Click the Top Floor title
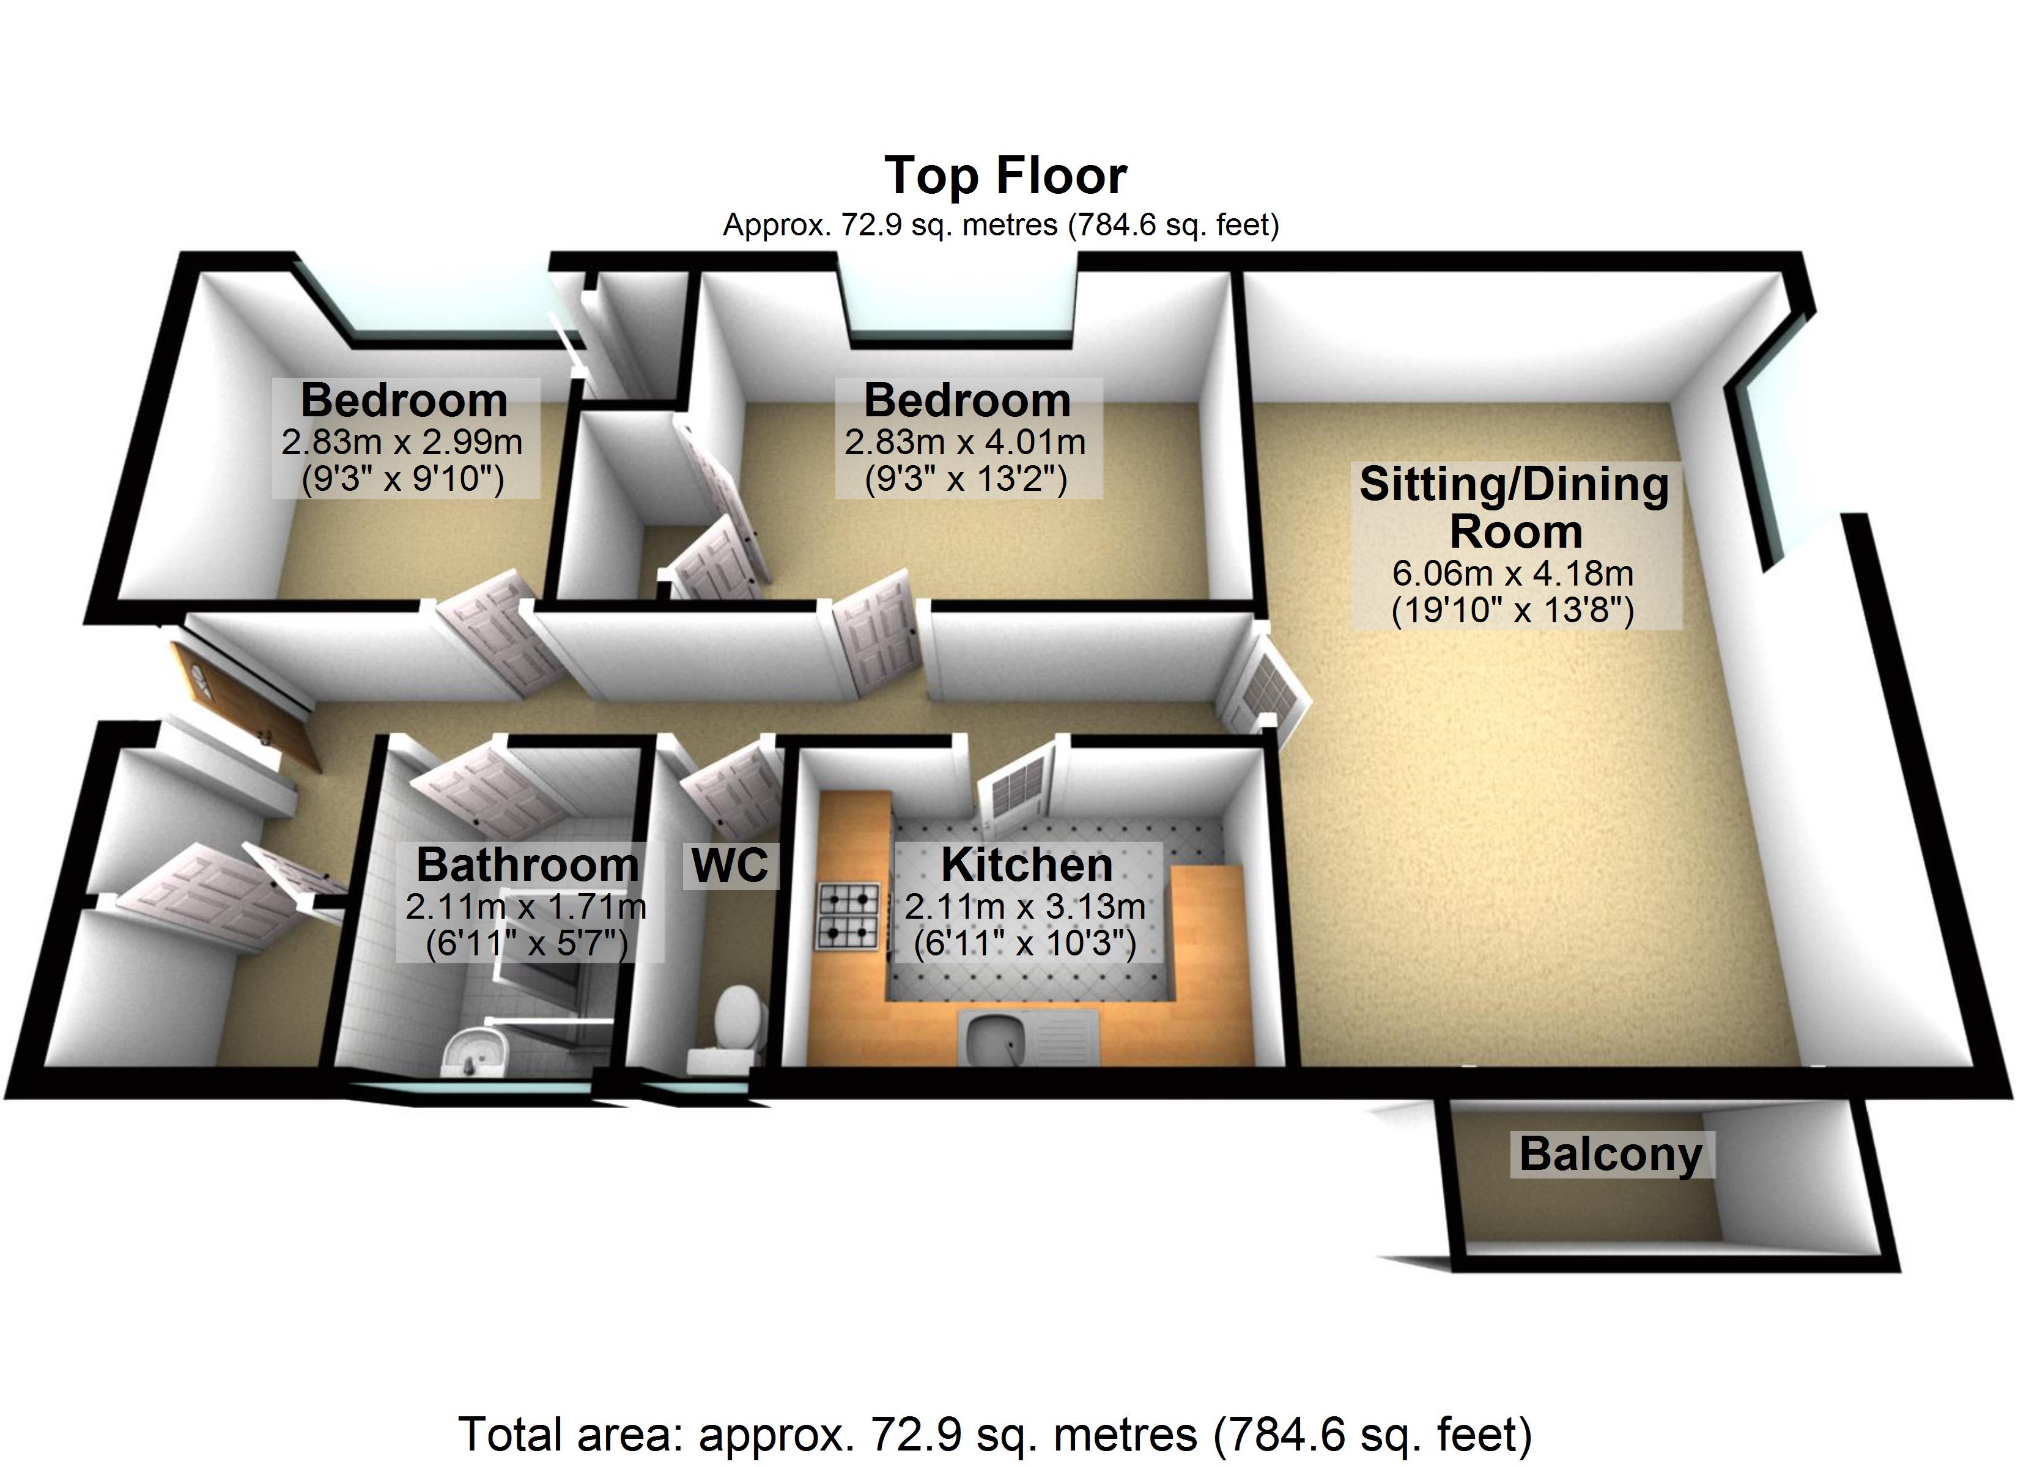pos(1005,176)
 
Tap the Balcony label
pos(1611,1154)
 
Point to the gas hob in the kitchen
pos(848,916)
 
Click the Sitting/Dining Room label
pos(1514,508)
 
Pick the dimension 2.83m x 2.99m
pos(402,442)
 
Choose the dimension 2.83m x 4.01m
pos(966,442)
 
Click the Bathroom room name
pos(527,865)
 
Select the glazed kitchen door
pos(1016,784)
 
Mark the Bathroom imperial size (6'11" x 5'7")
pos(527,943)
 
